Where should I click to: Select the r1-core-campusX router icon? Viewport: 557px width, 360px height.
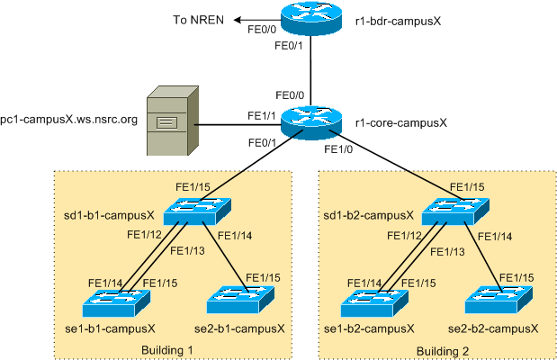tap(310, 121)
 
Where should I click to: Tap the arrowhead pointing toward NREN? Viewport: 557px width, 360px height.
tap(237, 19)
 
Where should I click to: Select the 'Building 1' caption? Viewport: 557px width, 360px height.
tap(167, 349)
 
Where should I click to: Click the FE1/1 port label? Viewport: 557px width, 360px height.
tap(263, 115)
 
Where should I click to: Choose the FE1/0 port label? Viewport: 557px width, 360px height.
tap(337, 149)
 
